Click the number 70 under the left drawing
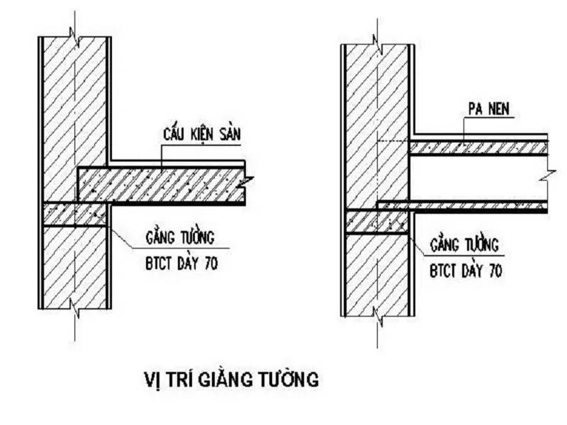click(x=207, y=265)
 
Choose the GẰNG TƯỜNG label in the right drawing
click(x=464, y=245)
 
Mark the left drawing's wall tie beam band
click(x=75, y=215)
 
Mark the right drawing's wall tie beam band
click(x=376, y=222)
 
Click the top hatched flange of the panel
click(x=478, y=148)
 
